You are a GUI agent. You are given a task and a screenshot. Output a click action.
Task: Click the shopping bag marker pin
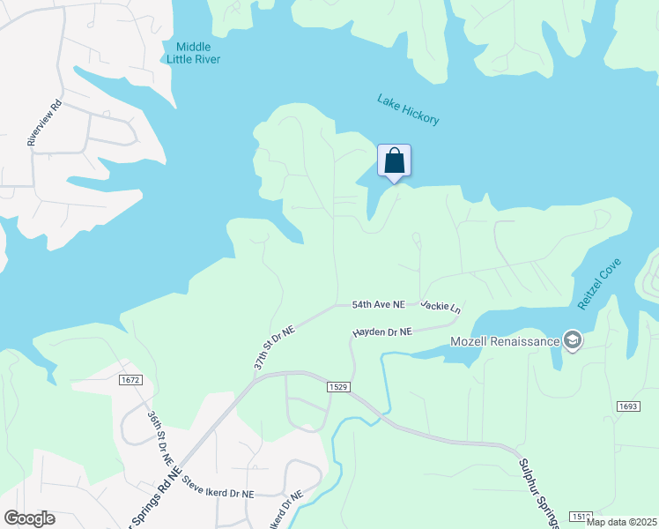point(395,161)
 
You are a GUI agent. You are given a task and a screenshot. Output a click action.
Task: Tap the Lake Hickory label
point(408,109)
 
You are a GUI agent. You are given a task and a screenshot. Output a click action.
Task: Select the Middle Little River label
point(194,53)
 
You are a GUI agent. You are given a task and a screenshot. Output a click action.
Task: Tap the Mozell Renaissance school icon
point(573,341)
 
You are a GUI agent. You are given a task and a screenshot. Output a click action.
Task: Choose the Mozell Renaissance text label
point(505,342)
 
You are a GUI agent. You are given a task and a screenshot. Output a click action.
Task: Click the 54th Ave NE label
point(378,304)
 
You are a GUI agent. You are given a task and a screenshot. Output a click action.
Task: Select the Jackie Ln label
point(441,306)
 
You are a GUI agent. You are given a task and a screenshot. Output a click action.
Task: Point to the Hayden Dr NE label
point(382,332)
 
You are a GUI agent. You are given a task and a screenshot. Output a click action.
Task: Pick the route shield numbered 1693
point(627,406)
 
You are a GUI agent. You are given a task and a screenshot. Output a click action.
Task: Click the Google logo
point(29,518)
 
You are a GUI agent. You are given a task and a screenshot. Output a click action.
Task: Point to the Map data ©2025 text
point(620,522)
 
